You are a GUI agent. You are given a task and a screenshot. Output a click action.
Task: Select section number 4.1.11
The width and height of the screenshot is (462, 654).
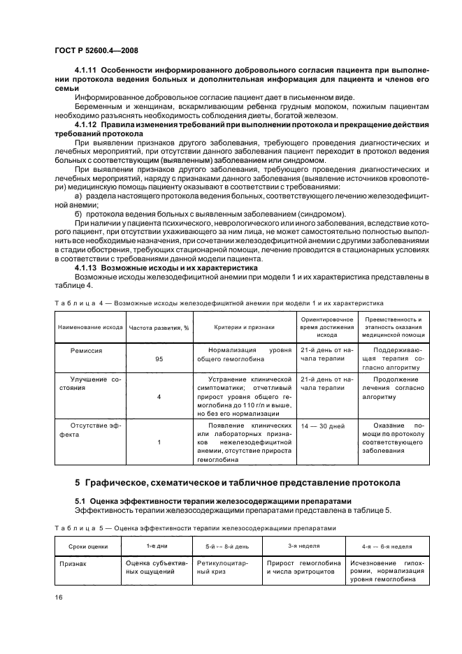point(87,72)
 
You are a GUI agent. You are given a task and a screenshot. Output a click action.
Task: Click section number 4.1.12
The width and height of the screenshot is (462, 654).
point(87,124)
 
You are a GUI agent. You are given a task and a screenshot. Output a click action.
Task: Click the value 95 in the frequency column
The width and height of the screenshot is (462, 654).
point(158,359)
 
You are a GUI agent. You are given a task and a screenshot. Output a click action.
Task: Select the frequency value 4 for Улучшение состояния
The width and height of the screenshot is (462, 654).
point(158,396)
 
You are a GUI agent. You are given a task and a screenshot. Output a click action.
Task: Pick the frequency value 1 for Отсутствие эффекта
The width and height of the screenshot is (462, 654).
point(158,442)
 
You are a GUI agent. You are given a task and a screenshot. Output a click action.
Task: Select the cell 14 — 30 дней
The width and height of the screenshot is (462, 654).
point(322,424)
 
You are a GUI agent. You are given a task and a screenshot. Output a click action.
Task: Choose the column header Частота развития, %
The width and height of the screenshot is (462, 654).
point(159,326)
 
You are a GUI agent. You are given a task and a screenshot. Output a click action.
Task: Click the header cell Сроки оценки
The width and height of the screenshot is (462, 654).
point(87,546)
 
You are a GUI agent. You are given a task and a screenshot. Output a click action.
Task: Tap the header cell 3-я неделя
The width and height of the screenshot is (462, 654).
point(303,546)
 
